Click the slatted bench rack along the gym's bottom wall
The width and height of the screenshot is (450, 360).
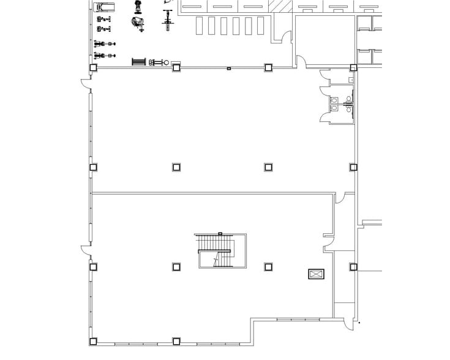[139, 62]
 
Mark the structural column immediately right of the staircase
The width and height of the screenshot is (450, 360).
[268, 267]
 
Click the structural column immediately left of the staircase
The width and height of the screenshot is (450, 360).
[176, 267]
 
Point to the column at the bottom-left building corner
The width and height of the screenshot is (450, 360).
[93, 341]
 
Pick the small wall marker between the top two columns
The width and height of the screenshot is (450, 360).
[229, 68]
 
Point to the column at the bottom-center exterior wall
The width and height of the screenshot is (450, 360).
[176, 341]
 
